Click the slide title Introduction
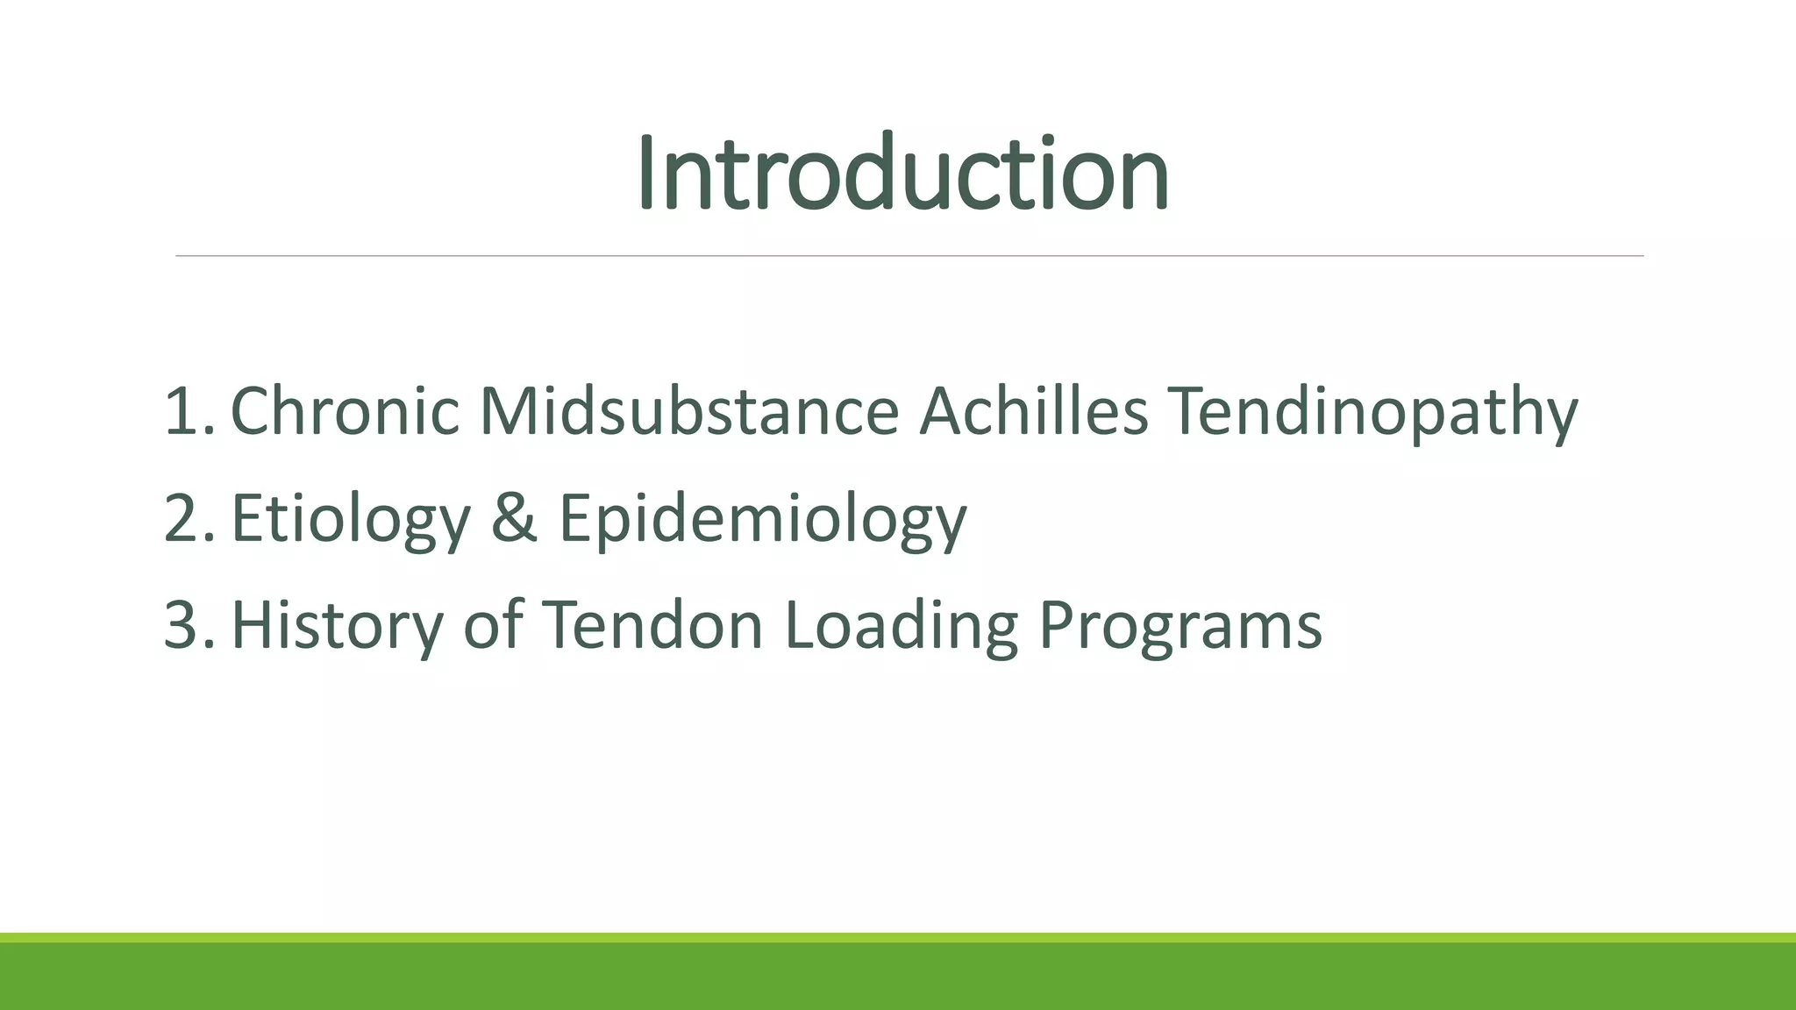point(902,173)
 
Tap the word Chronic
point(344,411)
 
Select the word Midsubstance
point(689,411)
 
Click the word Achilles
point(1033,411)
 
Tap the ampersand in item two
point(514,517)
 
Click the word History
point(338,626)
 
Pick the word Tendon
point(652,625)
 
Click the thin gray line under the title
point(909,256)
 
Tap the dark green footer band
point(898,978)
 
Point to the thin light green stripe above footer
point(898,938)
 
